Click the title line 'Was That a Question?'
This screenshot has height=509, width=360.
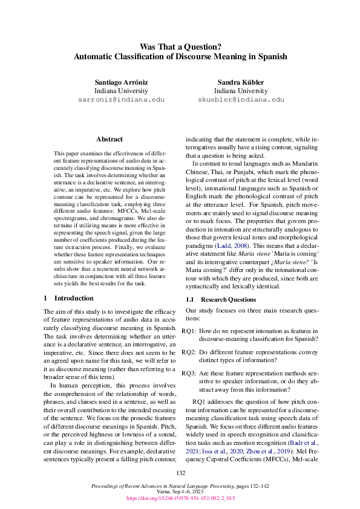(x=180, y=46)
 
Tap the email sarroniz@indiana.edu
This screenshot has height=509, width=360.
(x=121, y=99)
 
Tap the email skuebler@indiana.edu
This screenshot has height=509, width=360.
(x=241, y=99)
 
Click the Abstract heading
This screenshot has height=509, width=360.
(x=109, y=139)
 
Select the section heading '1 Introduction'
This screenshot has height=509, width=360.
(x=68, y=298)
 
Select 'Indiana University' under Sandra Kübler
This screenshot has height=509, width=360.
(x=241, y=90)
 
